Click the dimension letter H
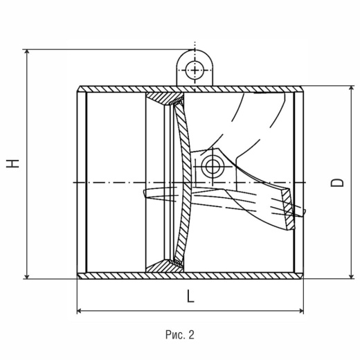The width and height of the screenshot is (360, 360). (x=12, y=163)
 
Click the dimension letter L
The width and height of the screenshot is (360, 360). (x=190, y=296)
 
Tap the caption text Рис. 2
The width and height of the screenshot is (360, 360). (x=180, y=334)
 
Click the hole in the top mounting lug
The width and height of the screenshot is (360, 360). (x=195, y=70)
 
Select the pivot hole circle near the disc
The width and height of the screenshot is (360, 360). (x=213, y=166)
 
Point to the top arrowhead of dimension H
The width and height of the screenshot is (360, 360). (x=27, y=51)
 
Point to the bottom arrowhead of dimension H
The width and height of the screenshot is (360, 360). (x=27, y=276)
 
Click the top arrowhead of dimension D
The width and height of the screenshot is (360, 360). (x=352, y=88)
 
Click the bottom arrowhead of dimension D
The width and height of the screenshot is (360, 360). (x=352, y=276)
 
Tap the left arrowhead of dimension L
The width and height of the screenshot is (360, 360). (x=80, y=311)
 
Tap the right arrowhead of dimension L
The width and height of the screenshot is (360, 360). (x=301, y=311)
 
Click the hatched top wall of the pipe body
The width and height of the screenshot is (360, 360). (x=190, y=89)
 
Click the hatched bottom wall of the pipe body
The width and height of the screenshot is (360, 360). (x=190, y=276)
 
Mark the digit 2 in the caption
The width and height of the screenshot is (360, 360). (x=191, y=334)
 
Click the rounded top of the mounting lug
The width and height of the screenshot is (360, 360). (x=195, y=50)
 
